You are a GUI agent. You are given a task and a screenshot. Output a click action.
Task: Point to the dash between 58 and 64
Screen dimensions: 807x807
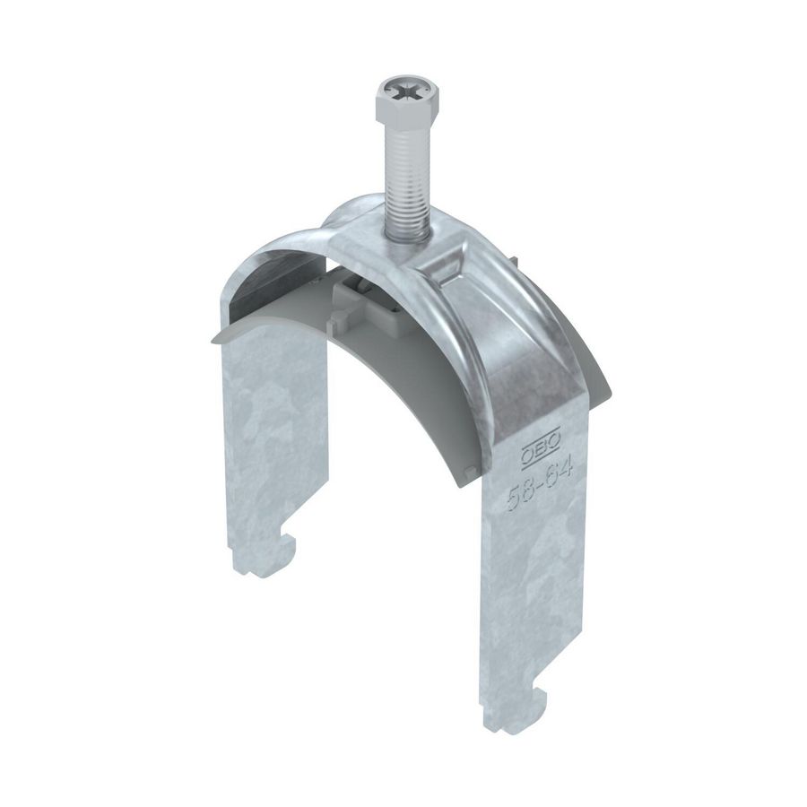pos(539,482)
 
